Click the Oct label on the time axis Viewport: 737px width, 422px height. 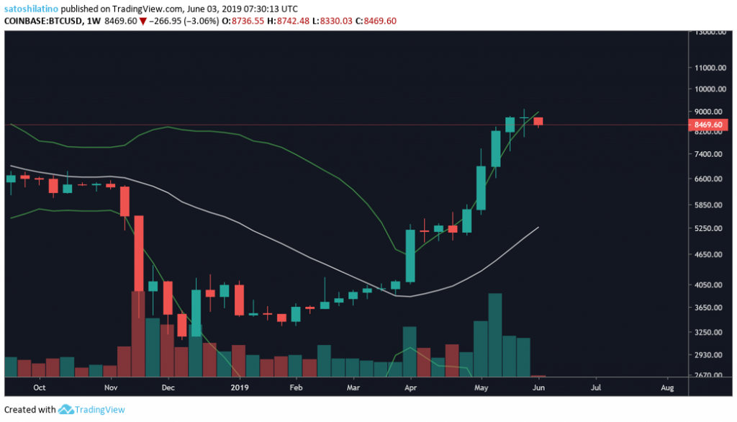(40, 387)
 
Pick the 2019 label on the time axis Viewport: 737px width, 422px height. (239, 387)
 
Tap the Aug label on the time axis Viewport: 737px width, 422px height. (666, 387)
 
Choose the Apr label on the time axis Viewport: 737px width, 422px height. (410, 387)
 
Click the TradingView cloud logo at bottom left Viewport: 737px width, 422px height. (67, 409)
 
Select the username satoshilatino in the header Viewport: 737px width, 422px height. (34, 8)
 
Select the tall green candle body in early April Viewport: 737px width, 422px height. (410, 256)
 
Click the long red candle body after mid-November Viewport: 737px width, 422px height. (139, 252)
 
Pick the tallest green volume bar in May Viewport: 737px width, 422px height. (494, 335)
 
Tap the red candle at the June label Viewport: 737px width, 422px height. (538, 121)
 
